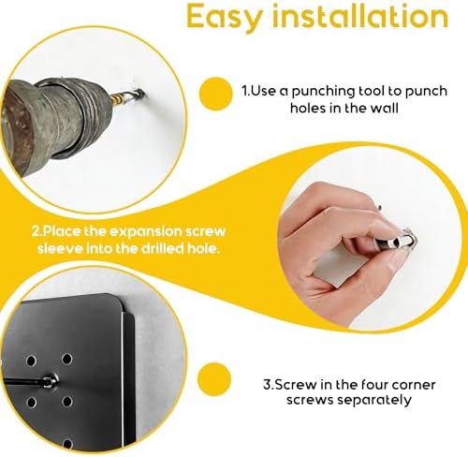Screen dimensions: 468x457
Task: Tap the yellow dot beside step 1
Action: click(215, 94)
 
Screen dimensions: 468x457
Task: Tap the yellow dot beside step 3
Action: click(214, 379)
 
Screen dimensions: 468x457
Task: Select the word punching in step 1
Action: click(324, 92)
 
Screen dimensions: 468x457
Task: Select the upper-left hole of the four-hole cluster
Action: click(31, 361)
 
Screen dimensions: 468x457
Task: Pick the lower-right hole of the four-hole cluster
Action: click(66, 402)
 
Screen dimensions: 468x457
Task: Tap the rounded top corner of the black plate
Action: click(116, 301)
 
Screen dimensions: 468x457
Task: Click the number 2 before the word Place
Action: click(36, 232)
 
